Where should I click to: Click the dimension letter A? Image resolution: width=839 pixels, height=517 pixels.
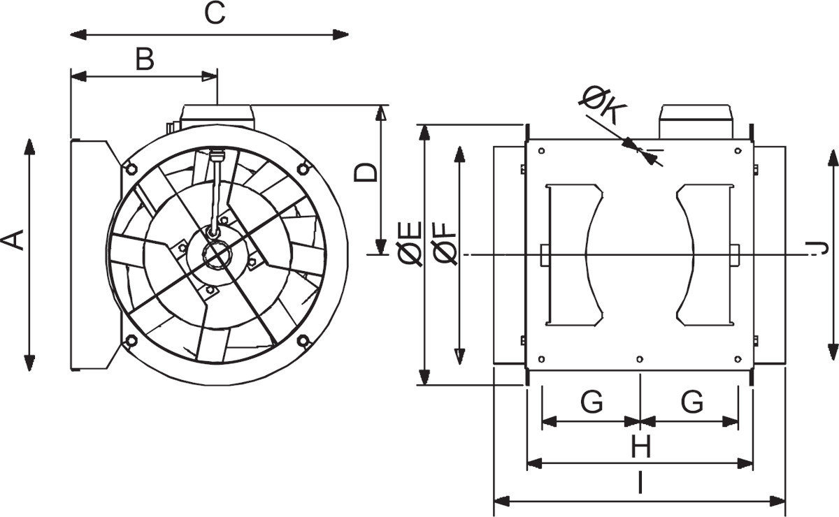[x=13, y=240]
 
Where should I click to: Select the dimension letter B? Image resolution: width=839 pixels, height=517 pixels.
[x=145, y=59]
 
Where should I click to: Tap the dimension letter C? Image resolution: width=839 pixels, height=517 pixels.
[x=215, y=13]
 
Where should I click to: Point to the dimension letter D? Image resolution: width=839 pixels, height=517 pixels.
[x=366, y=173]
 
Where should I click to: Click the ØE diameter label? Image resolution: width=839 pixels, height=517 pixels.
[x=410, y=244]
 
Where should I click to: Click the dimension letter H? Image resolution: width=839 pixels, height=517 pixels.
[x=641, y=446]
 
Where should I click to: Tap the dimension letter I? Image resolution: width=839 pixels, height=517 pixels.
[x=640, y=483]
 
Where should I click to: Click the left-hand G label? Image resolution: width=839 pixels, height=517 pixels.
[x=591, y=402]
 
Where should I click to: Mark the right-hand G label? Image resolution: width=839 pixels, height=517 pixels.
[x=691, y=402]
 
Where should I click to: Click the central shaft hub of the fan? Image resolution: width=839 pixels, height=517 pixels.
[x=216, y=255]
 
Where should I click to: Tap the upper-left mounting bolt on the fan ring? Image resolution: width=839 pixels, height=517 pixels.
[x=131, y=168]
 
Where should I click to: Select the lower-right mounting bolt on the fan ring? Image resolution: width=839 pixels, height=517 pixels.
[x=303, y=341]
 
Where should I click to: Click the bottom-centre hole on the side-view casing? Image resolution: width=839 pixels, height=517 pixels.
[x=640, y=359]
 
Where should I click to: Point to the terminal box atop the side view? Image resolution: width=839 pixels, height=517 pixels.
[x=696, y=122]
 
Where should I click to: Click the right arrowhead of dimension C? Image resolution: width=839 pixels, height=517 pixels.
[x=341, y=35]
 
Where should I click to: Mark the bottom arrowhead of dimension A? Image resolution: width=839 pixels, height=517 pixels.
[x=29, y=363]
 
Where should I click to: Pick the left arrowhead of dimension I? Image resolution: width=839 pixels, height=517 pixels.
[x=502, y=501]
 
